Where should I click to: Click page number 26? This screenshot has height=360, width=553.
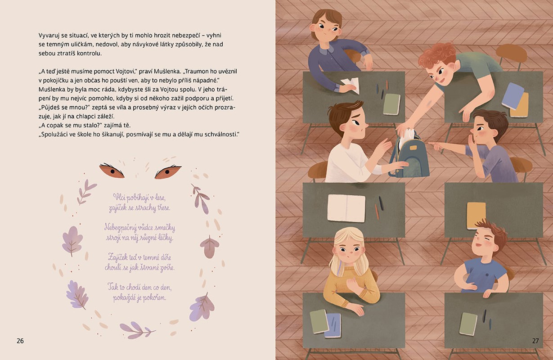click(x=20, y=341)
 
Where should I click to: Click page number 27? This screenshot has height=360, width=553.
click(x=535, y=341)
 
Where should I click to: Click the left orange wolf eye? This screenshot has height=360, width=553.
click(x=112, y=170)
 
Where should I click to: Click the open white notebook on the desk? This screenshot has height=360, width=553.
click(x=346, y=208)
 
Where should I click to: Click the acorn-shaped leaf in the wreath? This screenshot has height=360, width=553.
click(x=210, y=247)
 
